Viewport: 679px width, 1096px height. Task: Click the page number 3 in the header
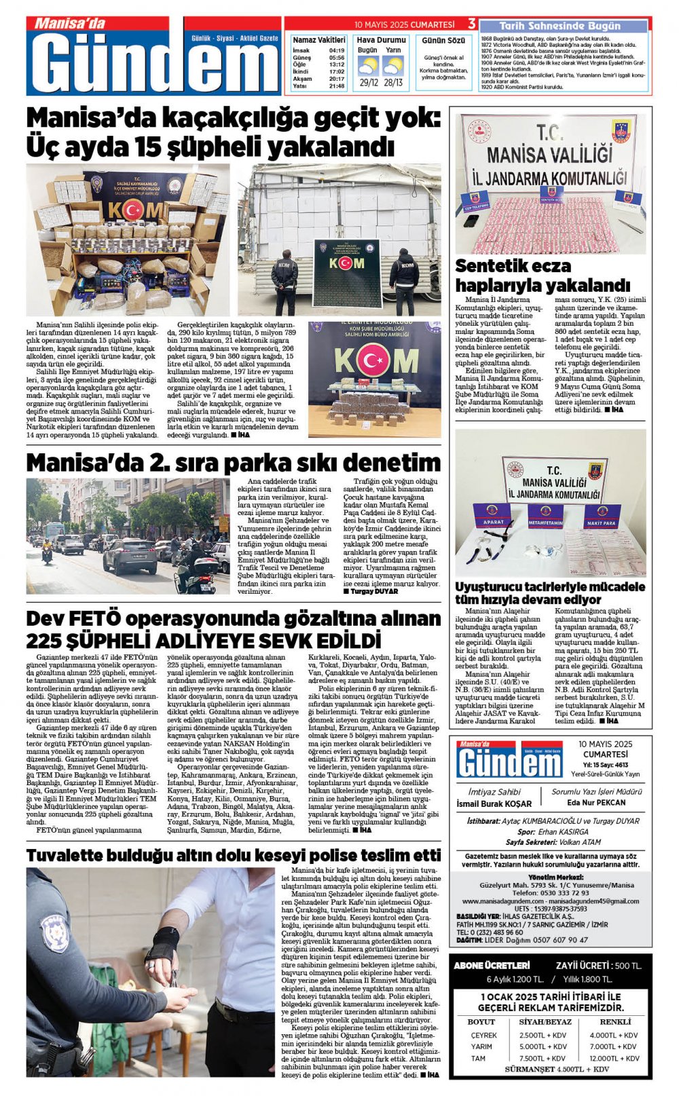click(x=471, y=24)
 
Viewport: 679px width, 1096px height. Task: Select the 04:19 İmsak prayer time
click(x=336, y=50)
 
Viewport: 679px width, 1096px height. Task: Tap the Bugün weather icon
click(x=367, y=66)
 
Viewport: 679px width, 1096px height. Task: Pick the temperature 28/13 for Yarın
click(x=393, y=83)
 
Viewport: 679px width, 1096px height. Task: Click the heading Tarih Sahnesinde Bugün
click(x=559, y=26)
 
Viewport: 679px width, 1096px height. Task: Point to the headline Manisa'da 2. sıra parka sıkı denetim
click(x=233, y=462)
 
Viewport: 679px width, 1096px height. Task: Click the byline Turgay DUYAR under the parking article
click(x=373, y=592)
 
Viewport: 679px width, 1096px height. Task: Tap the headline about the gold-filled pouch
click(x=233, y=855)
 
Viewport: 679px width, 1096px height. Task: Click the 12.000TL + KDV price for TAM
click(x=614, y=1058)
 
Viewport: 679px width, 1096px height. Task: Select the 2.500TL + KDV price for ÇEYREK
click(x=543, y=1035)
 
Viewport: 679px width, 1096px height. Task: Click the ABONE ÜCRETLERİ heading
click(x=492, y=965)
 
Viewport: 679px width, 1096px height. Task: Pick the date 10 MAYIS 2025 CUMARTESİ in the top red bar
click(x=404, y=24)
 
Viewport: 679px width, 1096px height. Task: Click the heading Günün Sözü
click(x=443, y=41)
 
